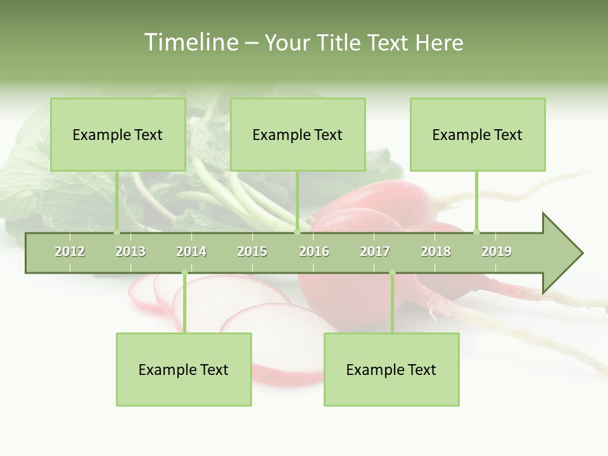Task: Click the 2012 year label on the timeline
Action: click(x=70, y=251)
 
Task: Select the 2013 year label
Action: click(x=130, y=251)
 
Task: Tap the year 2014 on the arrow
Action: click(x=191, y=251)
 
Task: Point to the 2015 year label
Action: click(x=252, y=251)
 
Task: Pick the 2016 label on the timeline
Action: click(x=314, y=251)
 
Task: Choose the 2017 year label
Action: click(x=375, y=251)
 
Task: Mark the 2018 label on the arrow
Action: click(x=436, y=251)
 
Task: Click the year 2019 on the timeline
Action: click(x=497, y=251)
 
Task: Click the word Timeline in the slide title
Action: click(x=189, y=42)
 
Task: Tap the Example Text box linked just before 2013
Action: click(x=118, y=134)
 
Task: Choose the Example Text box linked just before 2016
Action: click(x=298, y=134)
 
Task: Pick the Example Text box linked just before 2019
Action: click(x=478, y=134)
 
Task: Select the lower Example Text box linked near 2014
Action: click(x=184, y=369)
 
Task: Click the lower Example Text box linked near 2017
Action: click(x=391, y=369)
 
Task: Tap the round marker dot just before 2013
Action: click(x=117, y=232)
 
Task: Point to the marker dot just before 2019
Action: click(x=476, y=232)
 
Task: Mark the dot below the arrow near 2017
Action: click(x=392, y=273)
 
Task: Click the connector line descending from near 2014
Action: click(x=184, y=304)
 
